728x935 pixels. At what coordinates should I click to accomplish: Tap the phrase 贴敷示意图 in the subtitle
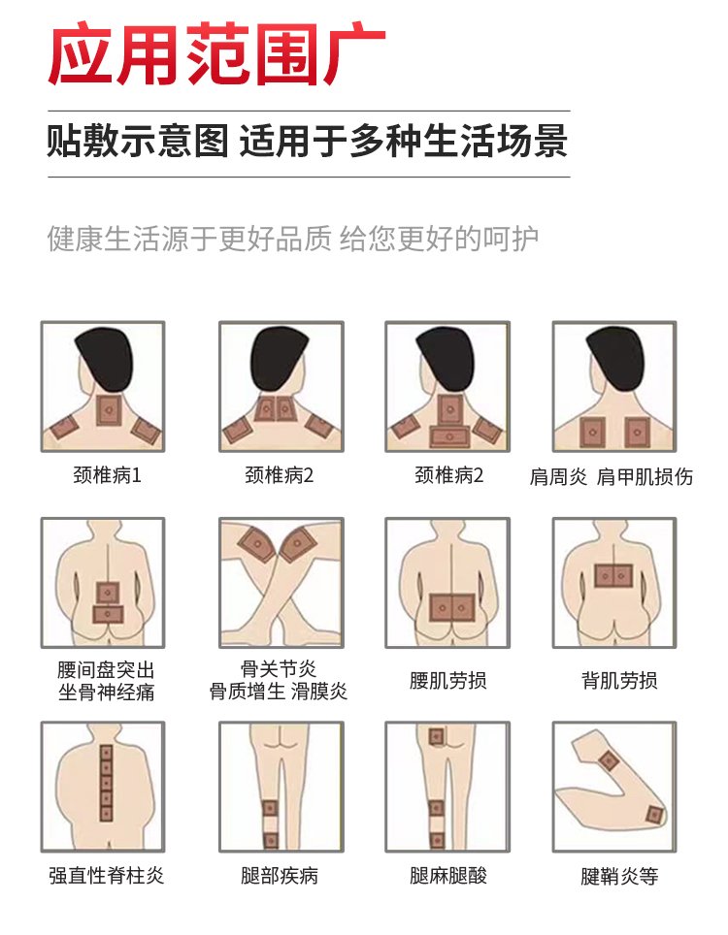click(138, 142)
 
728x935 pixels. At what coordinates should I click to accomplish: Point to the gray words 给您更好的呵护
click(439, 240)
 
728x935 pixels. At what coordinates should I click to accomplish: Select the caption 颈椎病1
click(108, 475)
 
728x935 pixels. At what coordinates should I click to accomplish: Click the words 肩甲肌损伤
click(645, 476)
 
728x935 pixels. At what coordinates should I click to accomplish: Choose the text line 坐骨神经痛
click(107, 693)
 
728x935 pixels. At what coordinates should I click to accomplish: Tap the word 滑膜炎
click(318, 692)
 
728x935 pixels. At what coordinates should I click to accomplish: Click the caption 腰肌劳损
click(448, 680)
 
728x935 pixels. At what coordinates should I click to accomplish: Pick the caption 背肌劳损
click(619, 680)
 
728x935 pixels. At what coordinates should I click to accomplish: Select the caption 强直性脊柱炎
click(107, 876)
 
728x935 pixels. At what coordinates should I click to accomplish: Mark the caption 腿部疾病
click(280, 876)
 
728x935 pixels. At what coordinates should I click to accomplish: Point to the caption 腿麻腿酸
click(448, 876)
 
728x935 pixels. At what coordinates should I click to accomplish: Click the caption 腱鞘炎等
click(619, 876)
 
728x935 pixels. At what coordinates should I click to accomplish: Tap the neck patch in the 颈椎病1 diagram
click(109, 409)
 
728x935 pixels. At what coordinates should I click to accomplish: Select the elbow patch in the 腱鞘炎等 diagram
click(655, 815)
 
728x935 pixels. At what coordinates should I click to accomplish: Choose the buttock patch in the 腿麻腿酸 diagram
click(436, 736)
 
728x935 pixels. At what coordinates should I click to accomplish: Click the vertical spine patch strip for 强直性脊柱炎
click(106, 783)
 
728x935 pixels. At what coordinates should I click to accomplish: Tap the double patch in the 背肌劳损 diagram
click(612, 576)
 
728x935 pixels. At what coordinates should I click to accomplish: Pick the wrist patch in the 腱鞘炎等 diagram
click(609, 760)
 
